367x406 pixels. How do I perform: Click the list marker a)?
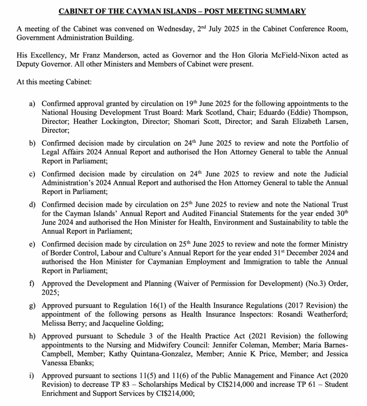[32, 104]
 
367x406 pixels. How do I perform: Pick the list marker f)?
[32, 284]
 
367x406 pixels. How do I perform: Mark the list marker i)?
[32, 376]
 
